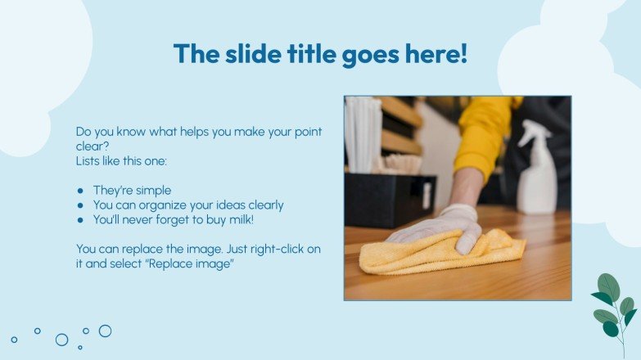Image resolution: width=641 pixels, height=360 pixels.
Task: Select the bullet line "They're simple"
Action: [x=132, y=190]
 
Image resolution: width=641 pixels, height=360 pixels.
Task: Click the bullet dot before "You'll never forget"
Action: [x=80, y=220]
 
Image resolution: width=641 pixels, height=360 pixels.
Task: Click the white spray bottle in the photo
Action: [x=537, y=176]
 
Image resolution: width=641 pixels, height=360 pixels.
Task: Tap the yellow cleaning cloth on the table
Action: [x=442, y=252]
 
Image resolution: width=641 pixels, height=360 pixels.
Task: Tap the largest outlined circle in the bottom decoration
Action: [x=61, y=340]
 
